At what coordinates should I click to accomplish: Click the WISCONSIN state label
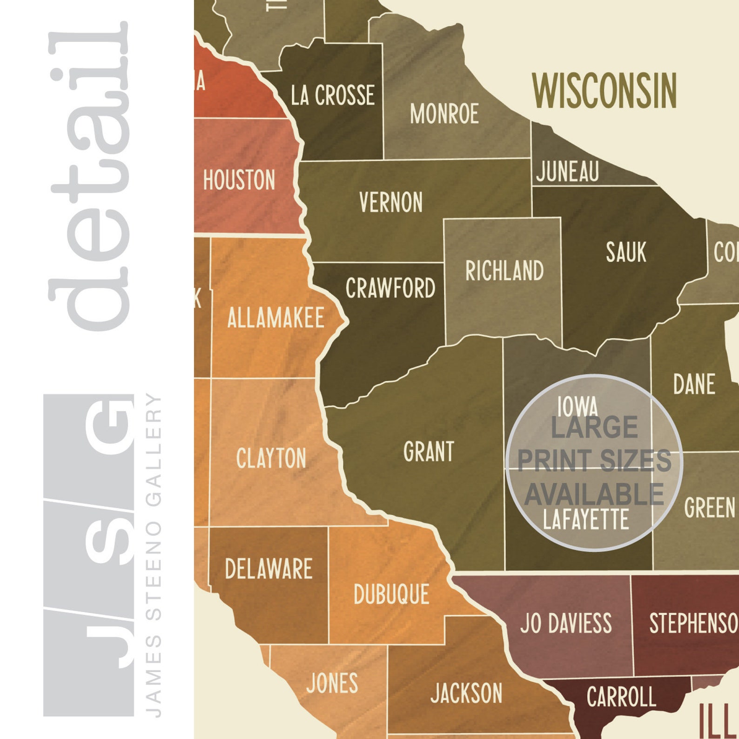(x=604, y=90)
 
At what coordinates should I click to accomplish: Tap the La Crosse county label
(x=333, y=95)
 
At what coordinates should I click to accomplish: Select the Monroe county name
(x=444, y=114)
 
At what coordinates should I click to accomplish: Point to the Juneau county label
(x=567, y=171)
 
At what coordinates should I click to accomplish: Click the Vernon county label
(x=391, y=202)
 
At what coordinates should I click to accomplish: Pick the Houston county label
(x=239, y=180)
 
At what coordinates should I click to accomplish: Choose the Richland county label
(x=504, y=271)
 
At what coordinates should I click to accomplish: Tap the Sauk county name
(x=626, y=252)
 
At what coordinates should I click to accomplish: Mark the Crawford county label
(x=390, y=288)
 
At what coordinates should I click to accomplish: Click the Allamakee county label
(x=275, y=318)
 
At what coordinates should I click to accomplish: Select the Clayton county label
(x=271, y=458)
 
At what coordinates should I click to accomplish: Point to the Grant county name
(x=429, y=452)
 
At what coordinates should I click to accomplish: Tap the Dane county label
(x=694, y=384)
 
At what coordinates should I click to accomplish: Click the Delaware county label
(x=269, y=569)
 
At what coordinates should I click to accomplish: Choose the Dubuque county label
(x=391, y=594)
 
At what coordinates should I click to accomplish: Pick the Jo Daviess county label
(x=566, y=623)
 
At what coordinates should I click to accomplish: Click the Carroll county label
(x=621, y=697)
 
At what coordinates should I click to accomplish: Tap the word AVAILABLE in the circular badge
(x=594, y=494)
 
